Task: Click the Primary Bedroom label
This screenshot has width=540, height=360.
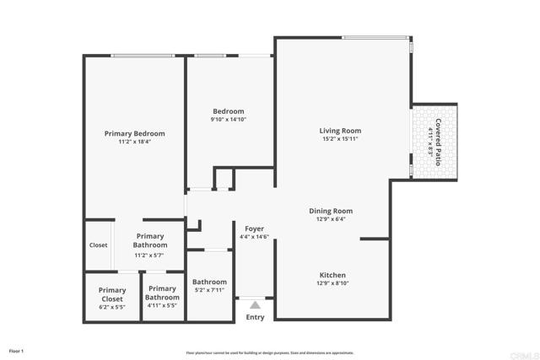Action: [134, 133]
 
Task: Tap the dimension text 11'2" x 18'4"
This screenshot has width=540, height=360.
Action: [134, 142]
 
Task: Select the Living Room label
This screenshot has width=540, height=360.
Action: [340, 130]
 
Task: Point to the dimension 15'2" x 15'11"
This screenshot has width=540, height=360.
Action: [340, 139]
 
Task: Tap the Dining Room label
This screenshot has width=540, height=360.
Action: [330, 211]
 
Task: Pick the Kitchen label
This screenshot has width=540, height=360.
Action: [332, 275]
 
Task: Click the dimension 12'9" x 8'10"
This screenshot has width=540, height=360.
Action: [332, 284]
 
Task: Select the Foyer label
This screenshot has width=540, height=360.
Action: [254, 228]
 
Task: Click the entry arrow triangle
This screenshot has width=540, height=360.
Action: [254, 304]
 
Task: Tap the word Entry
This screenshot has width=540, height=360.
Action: [255, 317]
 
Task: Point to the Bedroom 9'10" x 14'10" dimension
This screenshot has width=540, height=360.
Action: [228, 120]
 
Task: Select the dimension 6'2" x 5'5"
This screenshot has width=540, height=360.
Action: [111, 307]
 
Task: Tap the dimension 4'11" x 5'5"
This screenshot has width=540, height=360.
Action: [162, 307]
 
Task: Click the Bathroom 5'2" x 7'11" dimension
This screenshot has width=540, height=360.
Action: [209, 291]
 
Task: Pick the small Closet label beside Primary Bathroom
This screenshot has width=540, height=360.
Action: [99, 245]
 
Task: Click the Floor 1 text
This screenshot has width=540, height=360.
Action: [16, 351]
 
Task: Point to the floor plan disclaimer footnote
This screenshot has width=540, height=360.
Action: [269, 352]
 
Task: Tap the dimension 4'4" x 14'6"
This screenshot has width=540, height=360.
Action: [254, 237]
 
